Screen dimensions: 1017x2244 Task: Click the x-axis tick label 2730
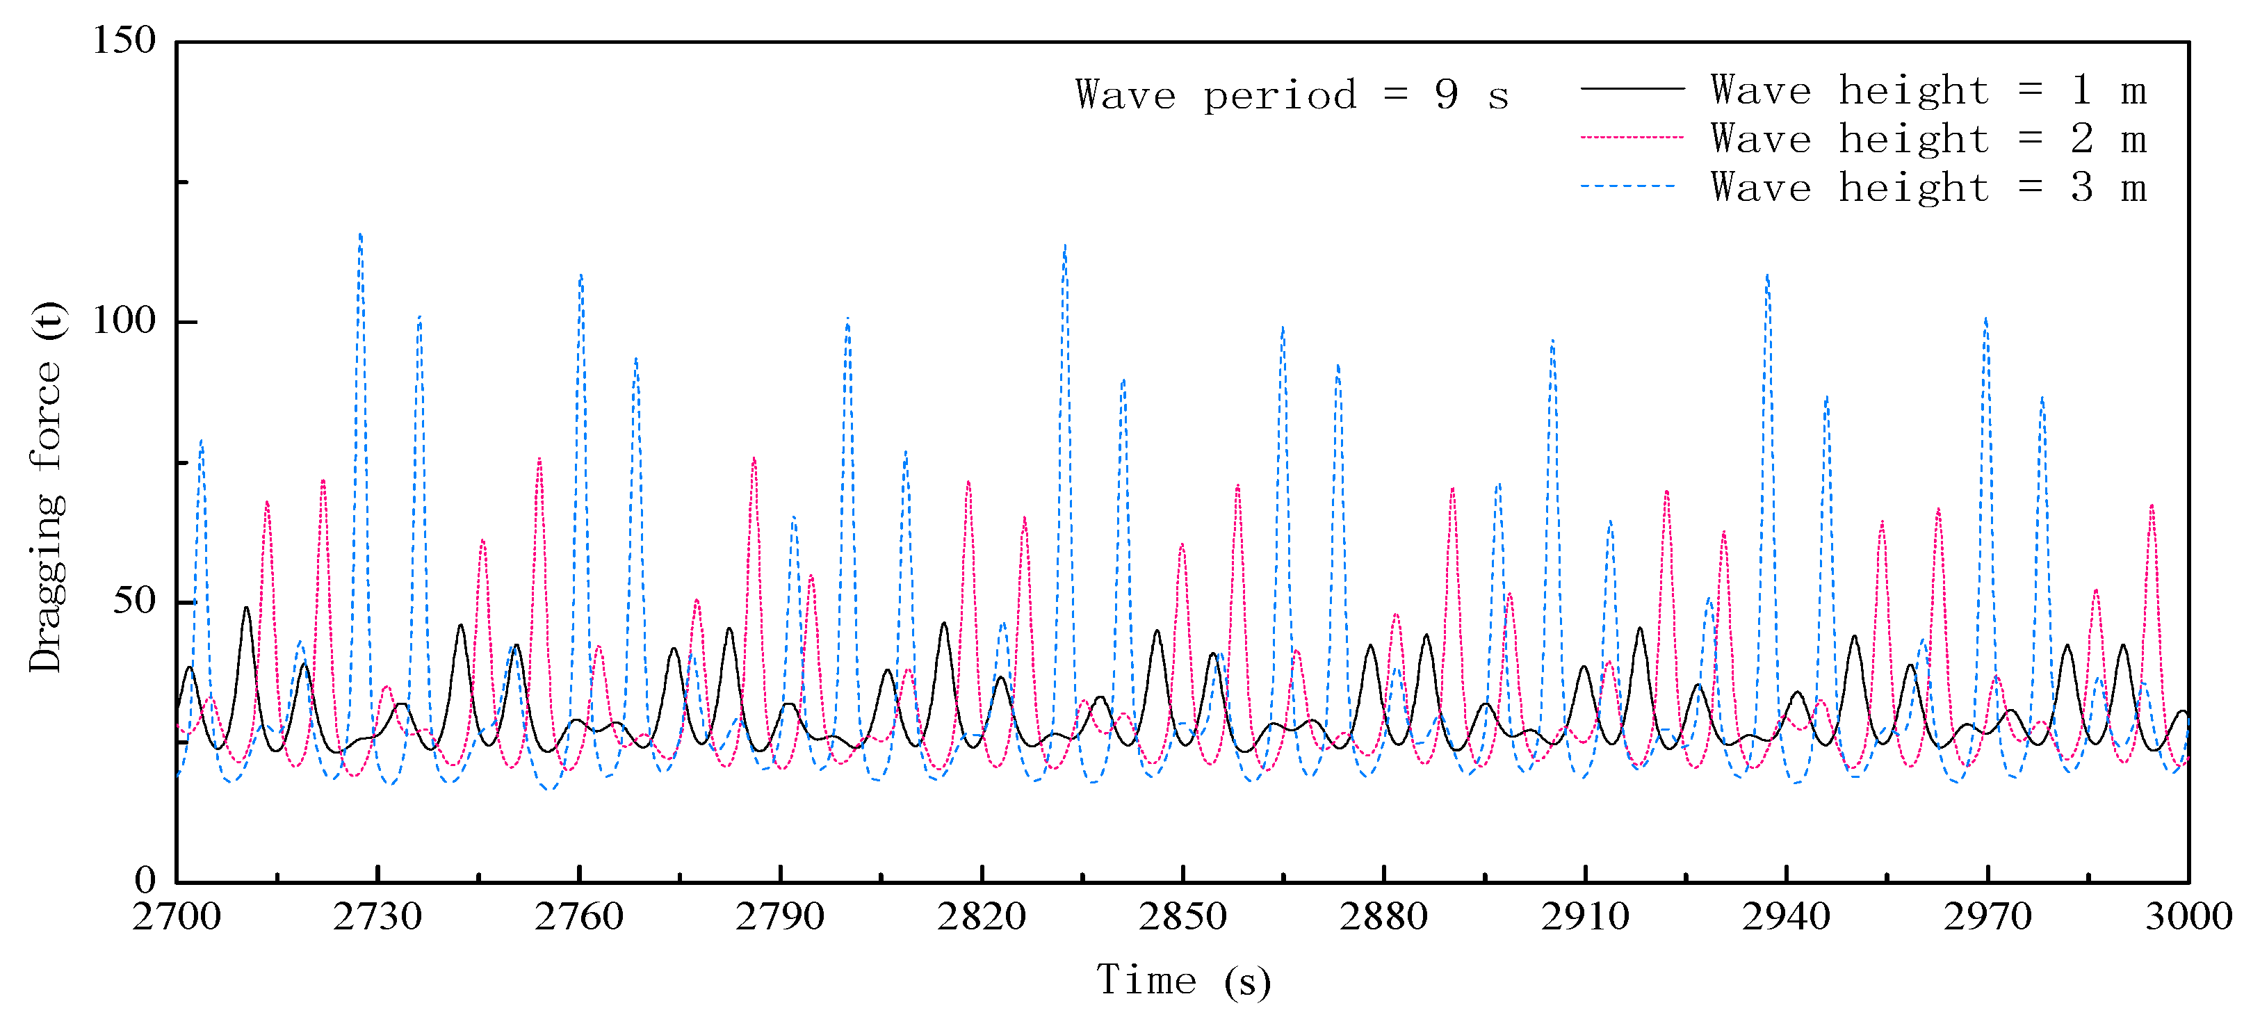(377, 917)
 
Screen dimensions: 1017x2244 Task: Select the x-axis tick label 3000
(2188, 917)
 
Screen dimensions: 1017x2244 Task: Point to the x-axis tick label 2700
(176, 917)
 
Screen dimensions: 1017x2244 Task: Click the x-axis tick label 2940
(1786, 917)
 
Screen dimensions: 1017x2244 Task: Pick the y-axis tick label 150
(124, 40)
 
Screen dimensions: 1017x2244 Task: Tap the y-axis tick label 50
(134, 601)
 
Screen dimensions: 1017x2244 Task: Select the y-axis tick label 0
(145, 880)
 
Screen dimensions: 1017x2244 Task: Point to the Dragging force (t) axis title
(47, 488)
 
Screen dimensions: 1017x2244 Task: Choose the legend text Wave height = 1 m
(1928, 90)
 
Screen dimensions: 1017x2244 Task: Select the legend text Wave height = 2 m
(1928, 138)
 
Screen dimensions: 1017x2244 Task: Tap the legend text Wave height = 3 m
(1928, 188)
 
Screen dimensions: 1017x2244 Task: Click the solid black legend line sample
(1632, 89)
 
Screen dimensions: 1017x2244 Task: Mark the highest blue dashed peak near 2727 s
(360, 234)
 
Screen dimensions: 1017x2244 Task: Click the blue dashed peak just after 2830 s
(1064, 247)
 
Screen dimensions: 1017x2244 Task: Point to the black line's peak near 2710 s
(247, 608)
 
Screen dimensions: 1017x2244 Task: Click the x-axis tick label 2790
(780, 917)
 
